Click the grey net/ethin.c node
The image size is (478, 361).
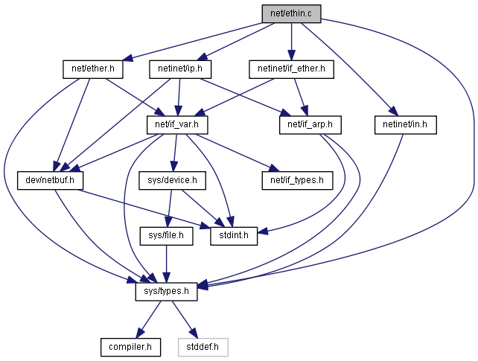tap(291, 13)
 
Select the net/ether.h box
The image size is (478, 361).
tap(93, 69)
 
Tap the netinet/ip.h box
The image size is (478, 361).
tap(180, 69)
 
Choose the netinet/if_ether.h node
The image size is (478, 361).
tap(291, 69)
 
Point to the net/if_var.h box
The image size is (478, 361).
tap(177, 125)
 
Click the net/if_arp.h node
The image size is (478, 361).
tap(310, 125)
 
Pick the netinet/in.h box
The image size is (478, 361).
tap(406, 125)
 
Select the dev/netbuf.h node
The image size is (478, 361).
tap(50, 180)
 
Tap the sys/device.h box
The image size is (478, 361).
tap(172, 180)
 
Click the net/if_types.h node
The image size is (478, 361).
tap(297, 180)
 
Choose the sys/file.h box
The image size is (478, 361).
tap(167, 236)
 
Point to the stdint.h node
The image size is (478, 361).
tap(234, 236)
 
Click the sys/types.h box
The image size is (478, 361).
tap(167, 292)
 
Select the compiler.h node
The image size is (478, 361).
tap(130, 347)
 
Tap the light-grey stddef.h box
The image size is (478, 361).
tap(203, 347)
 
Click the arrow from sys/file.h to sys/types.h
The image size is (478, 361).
tap(167, 263)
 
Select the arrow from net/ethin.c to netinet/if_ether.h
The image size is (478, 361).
tap(291, 42)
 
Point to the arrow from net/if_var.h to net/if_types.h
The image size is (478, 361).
tap(237, 153)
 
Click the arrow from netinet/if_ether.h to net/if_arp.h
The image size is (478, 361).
tap(301, 98)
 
